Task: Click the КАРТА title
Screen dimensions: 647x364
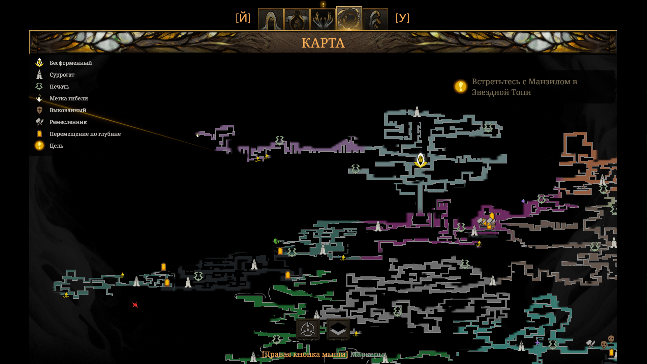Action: [x=323, y=43]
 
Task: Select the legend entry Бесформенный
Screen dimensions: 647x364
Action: [x=71, y=63]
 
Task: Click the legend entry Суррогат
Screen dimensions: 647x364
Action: [x=62, y=74]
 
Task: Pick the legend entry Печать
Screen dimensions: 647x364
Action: [x=59, y=86]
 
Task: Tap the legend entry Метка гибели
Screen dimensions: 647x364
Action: [x=69, y=98]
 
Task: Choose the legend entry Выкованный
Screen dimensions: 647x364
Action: [x=68, y=110]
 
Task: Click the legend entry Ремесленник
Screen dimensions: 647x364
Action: [x=68, y=122]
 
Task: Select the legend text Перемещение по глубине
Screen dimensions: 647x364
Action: [x=85, y=133]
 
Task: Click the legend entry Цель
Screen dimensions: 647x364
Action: [x=56, y=145]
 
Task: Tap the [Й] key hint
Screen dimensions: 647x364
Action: [x=243, y=18]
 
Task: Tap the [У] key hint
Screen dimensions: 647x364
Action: [x=402, y=18]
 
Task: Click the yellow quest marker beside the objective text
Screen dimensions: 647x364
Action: [x=460, y=87]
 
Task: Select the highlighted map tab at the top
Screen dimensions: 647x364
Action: [x=349, y=19]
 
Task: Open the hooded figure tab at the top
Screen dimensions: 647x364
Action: [x=270, y=20]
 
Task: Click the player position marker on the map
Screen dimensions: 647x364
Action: [x=421, y=160]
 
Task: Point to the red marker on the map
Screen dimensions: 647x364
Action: [x=135, y=305]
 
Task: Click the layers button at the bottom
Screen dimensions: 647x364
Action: [x=338, y=329]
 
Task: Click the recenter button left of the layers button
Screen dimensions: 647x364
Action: [x=308, y=329]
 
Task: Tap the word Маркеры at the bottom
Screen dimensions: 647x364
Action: [x=367, y=354]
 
